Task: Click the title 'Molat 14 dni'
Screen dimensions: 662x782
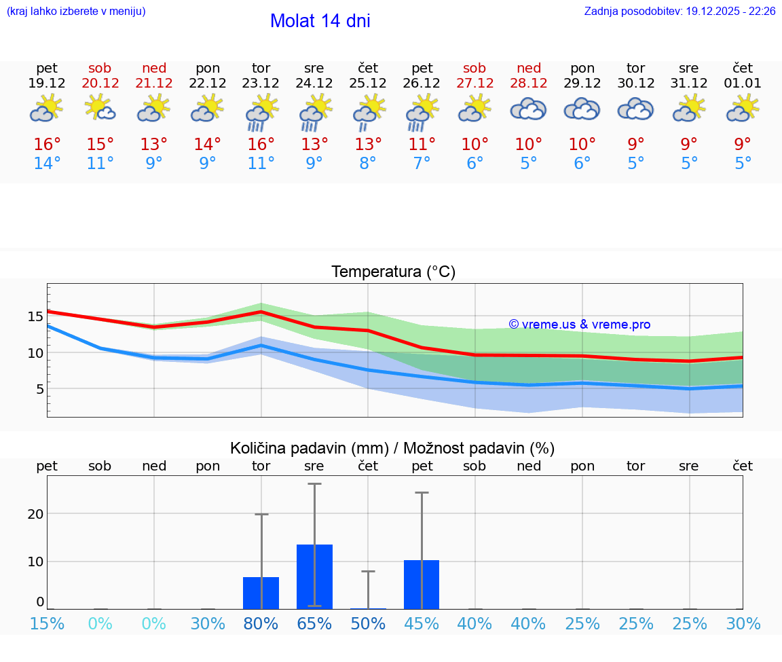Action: point(320,21)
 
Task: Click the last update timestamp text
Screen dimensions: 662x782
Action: point(679,12)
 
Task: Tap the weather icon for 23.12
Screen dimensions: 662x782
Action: point(261,113)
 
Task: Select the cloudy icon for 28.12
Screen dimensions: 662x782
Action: point(528,109)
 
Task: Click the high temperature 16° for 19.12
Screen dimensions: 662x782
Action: point(47,145)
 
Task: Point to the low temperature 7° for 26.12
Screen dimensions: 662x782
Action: point(422,164)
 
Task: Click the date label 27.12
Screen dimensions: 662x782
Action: point(474,83)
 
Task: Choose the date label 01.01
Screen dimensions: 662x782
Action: point(743,83)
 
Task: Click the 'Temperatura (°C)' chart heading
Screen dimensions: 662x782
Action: point(393,272)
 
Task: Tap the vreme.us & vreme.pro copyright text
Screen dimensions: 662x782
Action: point(580,325)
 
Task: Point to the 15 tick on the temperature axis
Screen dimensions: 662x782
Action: point(35,316)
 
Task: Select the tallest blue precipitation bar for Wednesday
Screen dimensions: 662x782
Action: point(314,576)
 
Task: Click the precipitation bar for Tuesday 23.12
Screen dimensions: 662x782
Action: point(261,593)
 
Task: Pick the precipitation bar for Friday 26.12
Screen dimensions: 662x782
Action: point(422,585)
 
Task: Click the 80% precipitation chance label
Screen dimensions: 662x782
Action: point(261,623)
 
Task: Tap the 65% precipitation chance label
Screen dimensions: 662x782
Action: point(314,623)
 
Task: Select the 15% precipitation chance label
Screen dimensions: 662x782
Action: point(47,623)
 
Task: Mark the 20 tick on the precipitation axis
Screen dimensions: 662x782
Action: point(35,514)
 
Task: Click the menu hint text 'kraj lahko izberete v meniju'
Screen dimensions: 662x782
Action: point(76,12)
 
